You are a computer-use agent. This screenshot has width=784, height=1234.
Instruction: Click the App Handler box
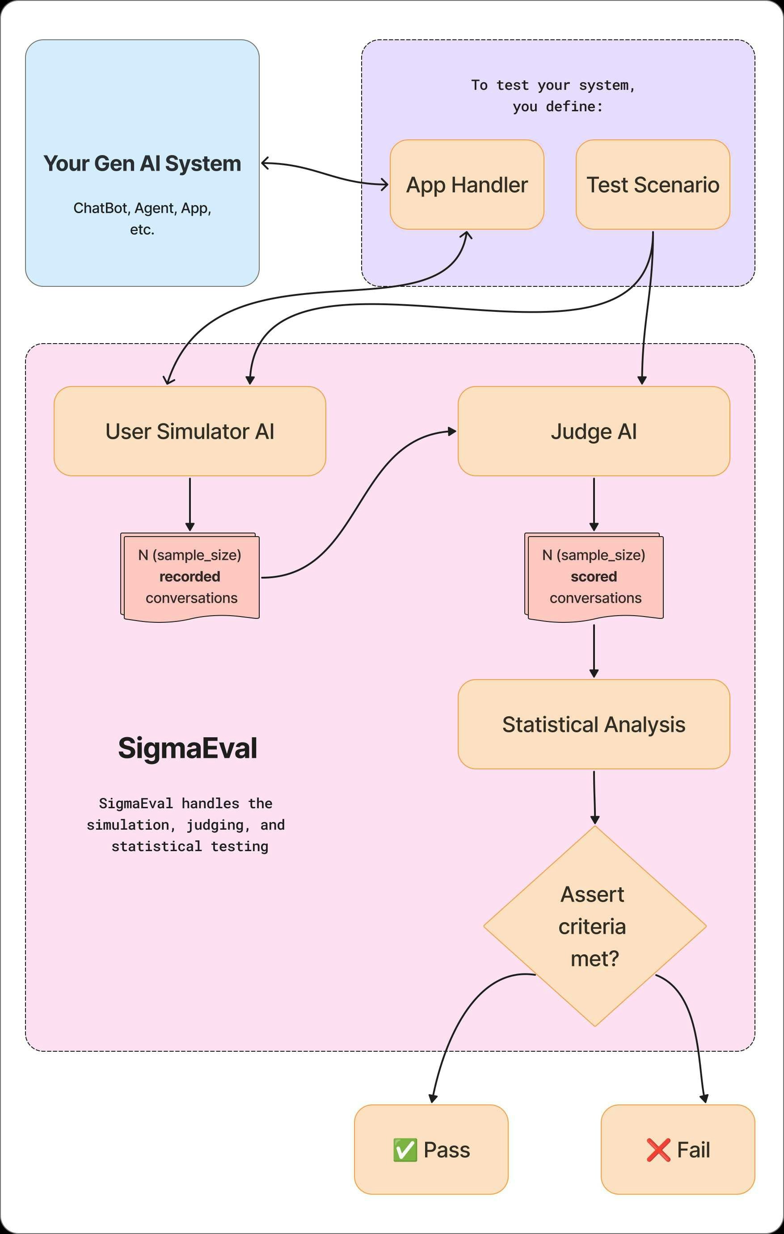(x=467, y=185)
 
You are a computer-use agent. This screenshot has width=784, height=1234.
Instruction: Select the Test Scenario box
(x=653, y=185)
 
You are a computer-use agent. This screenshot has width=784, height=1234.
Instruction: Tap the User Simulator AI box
(x=190, y=431)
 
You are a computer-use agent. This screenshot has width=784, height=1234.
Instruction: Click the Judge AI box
(x=594, y=431)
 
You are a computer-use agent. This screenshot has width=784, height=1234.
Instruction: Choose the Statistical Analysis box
(x=594, y=724)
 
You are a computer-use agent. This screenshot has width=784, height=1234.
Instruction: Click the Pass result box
(x=431, y=1150)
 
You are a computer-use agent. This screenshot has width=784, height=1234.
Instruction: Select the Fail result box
(x=678, y=1150)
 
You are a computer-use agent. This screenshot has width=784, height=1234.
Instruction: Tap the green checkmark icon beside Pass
(x=405, y=1150)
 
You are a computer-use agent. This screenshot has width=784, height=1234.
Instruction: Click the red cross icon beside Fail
(x=658, y=1150)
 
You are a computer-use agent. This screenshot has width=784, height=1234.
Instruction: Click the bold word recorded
(x=190, y=576)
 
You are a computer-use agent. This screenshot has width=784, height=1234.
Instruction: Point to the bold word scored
(x=594, y=576)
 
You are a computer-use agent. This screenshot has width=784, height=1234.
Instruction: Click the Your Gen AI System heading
(x=142, y=164)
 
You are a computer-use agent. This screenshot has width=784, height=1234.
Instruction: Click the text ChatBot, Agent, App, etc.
(x=142, y=218)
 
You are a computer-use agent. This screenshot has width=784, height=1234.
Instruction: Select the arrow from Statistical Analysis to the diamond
(x=594, y=797)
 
